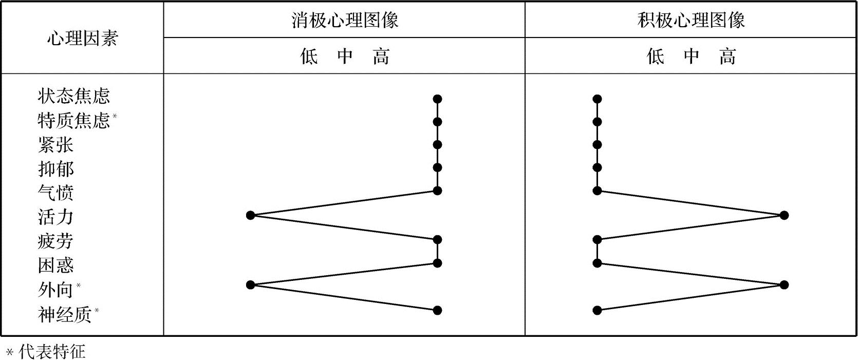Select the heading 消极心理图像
345,20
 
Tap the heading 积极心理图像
691,20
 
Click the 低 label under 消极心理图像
309,56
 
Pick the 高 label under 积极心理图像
727,56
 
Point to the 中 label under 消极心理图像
345,56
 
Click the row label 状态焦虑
73,96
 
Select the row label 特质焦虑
73,120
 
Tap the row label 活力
55,217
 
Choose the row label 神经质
64,314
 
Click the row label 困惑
55,266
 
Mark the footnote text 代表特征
52,352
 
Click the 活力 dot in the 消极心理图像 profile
251,215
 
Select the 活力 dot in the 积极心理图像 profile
784,215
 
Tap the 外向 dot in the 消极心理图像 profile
251,285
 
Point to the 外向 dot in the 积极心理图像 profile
784,285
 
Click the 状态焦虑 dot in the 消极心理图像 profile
437,99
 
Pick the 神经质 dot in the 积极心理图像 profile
597,310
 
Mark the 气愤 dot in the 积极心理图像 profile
597,191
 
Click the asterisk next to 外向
79,285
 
